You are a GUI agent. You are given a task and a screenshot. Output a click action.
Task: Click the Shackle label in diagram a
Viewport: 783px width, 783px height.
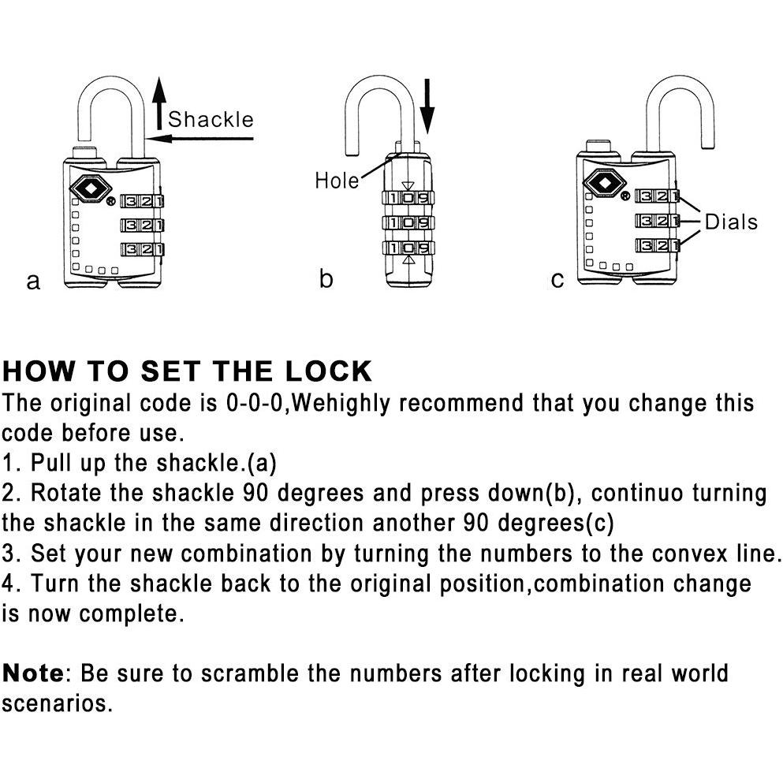(211, 120)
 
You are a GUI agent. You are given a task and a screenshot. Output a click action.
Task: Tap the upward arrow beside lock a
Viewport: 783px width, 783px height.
(158, 103)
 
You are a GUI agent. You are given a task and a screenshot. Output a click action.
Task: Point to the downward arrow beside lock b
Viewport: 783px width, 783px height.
(427, 106)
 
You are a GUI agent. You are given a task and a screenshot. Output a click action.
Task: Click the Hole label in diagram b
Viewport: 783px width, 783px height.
(337, 181)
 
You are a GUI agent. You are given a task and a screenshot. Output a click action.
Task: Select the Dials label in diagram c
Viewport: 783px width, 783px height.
(731, 222)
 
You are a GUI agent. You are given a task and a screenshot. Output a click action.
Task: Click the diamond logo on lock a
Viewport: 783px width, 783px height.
(91, 188)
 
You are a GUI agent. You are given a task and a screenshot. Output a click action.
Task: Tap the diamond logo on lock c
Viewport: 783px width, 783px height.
(604, 183)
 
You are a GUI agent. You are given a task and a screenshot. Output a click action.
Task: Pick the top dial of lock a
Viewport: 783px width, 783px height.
(142, 201)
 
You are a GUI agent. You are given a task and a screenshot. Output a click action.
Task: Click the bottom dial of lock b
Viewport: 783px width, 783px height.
(408, 248)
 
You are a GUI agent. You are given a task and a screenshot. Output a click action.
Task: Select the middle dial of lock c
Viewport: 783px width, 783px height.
(657, 220)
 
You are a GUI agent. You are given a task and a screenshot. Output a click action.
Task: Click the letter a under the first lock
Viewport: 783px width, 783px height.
(33, 282)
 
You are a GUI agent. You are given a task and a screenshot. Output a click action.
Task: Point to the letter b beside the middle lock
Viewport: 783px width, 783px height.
(326, 278)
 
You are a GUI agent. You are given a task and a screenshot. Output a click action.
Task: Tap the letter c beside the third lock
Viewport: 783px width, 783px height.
(557, 280)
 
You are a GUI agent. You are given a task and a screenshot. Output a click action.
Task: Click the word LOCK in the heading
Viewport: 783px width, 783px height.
(328, 371)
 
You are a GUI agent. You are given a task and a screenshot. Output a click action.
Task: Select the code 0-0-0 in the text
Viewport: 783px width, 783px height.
(255, 403)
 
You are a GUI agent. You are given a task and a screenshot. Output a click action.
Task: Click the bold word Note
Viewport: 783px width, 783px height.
(33, 673)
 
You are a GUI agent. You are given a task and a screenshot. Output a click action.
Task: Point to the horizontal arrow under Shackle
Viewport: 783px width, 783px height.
(200, 138)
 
